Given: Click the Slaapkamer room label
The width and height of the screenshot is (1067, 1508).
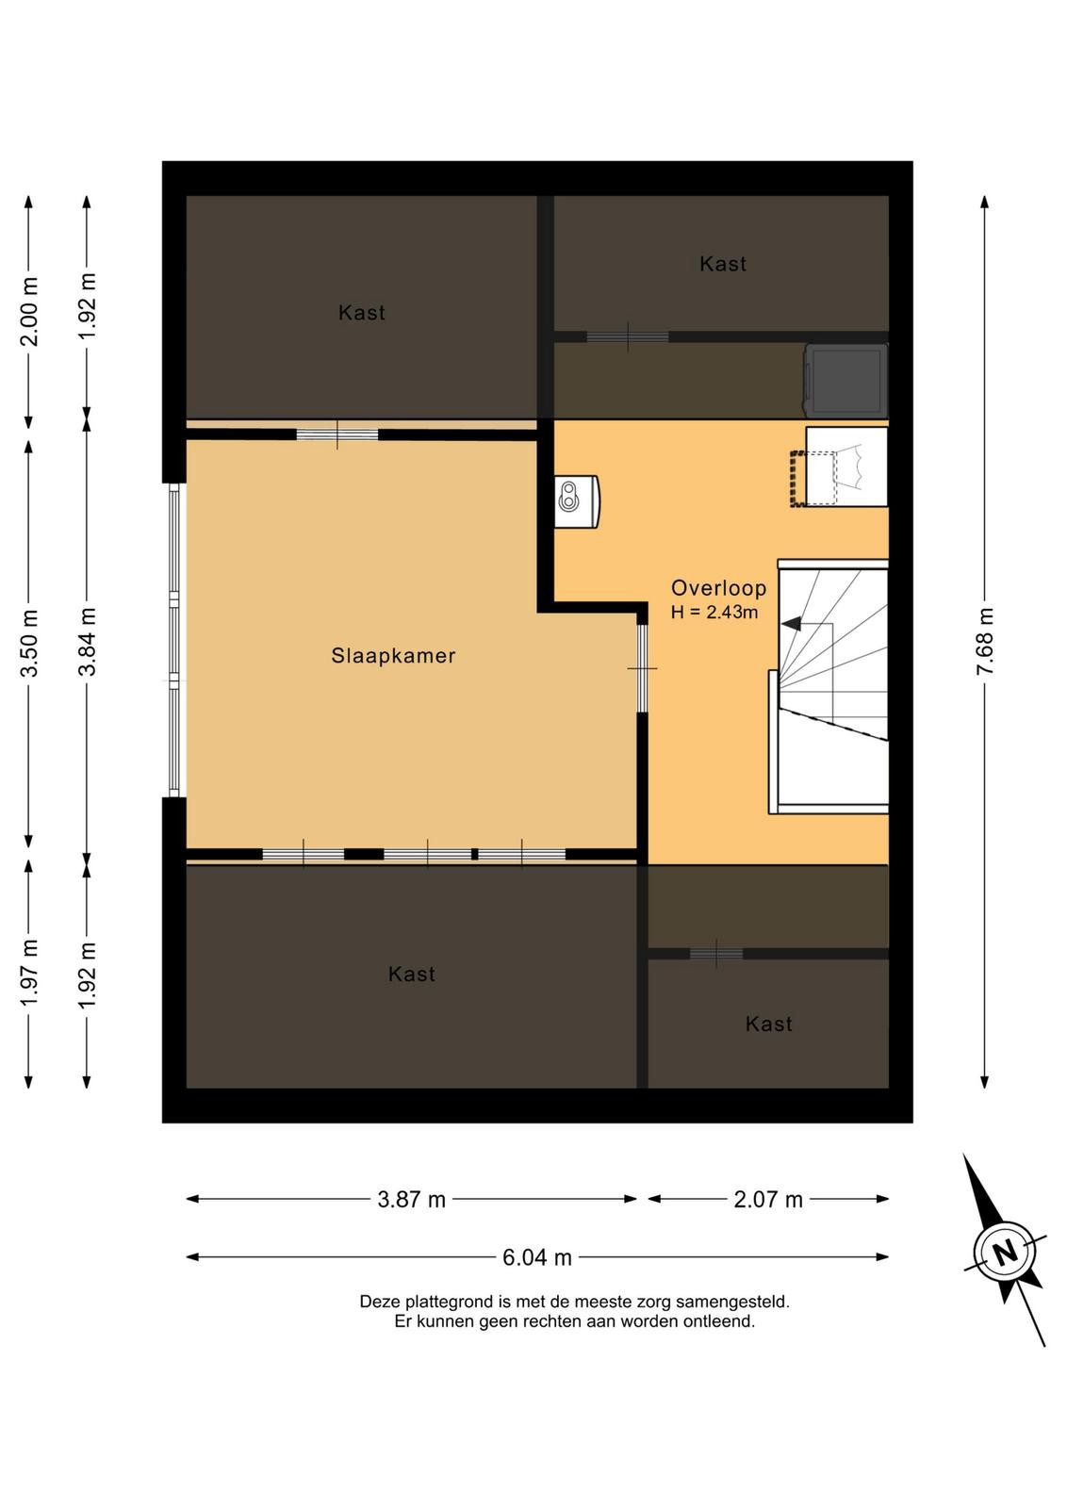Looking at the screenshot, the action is click(x=393, y=656).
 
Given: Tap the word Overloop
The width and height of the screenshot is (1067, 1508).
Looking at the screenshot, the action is click(x=718, y=588).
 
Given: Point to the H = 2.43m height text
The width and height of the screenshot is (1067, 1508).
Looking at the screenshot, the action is click(x=714, y=612).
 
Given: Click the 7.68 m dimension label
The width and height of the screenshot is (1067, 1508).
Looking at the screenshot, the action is click(x=985, y=640).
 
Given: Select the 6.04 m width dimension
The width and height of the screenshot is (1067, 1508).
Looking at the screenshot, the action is click(x=536, y=1257).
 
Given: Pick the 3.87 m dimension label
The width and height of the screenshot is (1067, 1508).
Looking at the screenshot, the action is click(x=411, y=1199).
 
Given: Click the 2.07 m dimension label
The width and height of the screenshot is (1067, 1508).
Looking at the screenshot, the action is click(x=768, y=1199).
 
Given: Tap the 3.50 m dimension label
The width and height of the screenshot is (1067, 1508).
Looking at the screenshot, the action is click(x=29, y=643).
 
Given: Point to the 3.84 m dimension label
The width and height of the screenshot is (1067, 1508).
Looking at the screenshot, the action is click(x=88, y=641).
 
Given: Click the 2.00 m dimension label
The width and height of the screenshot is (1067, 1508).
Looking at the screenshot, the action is click(x=29, y=311).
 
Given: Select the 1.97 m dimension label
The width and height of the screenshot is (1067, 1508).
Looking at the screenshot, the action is click(x=29, y=973).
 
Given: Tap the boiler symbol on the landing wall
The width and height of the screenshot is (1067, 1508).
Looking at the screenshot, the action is click(x=577, y=501).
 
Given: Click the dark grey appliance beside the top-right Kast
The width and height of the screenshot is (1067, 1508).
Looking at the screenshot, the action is click(x=845, y=381).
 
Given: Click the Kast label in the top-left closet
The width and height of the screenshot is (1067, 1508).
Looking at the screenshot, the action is click(x=362, y=312).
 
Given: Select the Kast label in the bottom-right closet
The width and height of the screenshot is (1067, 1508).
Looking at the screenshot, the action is click(x=768, y=1024).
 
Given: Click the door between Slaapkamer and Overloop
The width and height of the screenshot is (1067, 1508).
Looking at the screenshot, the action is click(x=642, y=668).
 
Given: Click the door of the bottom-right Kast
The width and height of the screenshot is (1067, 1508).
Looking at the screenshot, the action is click(x=716, y=953).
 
